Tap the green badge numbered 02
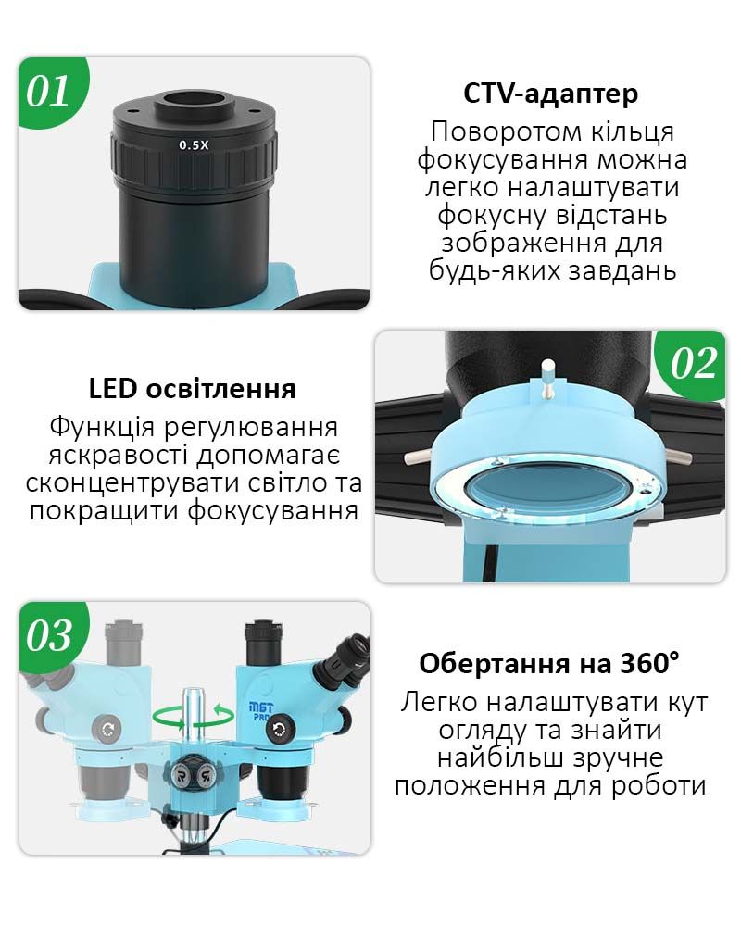(x=693, y=363)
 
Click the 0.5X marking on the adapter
(x=195, y=145)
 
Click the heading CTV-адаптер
(x=551, y=94)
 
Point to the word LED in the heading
(x=113, y=389)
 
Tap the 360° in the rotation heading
(x=648, y=664)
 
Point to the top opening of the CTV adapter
(x=195, y=100)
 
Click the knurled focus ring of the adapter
(x=195, y=160)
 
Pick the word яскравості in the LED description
(x=120, y=456)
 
